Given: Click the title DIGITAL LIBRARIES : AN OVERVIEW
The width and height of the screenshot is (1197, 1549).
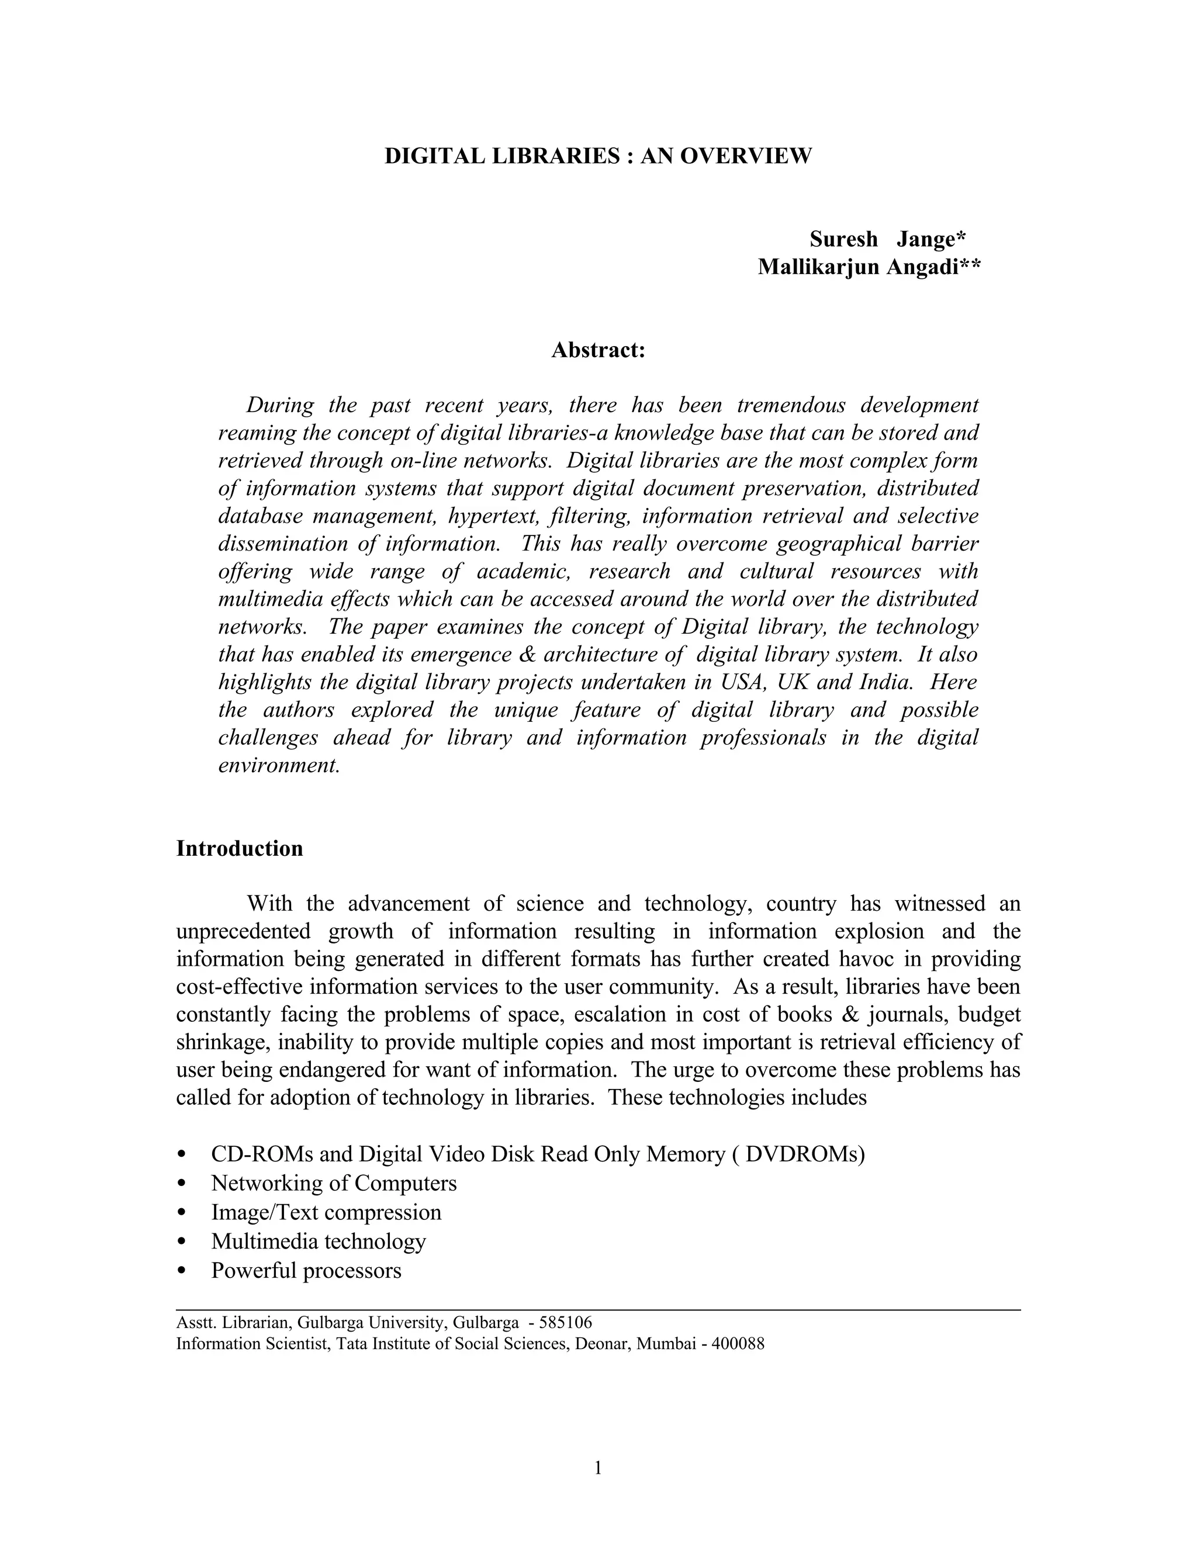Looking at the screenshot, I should (598, 156).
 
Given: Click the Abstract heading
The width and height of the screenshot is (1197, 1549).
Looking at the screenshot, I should (598, 350).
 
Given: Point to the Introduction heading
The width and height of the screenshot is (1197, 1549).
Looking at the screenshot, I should (239, 849).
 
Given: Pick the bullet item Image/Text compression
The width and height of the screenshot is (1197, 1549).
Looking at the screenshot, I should (326, 1212).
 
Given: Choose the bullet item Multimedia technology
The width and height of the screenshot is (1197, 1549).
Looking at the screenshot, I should (318, 1241).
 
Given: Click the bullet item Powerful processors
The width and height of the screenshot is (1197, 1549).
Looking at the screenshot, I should (306, 1270).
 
